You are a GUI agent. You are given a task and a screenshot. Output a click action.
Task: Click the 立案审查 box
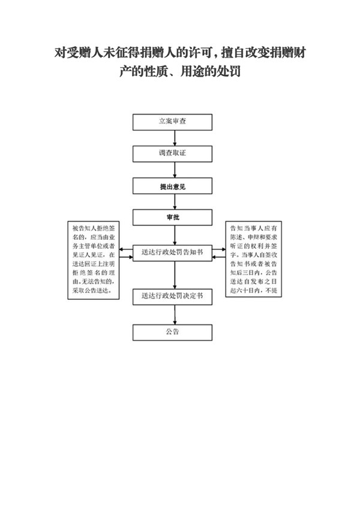[172, 122]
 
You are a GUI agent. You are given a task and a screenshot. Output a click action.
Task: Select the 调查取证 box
[172, 154]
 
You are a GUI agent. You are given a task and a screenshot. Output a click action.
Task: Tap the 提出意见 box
[172, 187]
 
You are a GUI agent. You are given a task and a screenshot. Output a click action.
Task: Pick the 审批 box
[172, 217]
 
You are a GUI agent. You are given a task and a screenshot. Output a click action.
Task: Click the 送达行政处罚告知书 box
[172, 252]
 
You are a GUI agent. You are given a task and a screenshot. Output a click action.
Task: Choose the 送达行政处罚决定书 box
[172, 296]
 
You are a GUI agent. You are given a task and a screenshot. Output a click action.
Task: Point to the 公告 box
[172, 332]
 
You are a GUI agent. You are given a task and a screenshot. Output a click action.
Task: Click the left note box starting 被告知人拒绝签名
[95, 258]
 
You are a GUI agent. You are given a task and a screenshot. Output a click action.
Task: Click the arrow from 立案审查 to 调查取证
[175, 138]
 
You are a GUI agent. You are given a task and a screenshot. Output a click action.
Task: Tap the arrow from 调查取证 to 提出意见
[175, 170]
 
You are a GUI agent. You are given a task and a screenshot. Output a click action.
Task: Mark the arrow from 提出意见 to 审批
[175, 202]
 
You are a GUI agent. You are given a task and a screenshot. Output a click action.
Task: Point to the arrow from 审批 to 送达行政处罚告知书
[175, 234]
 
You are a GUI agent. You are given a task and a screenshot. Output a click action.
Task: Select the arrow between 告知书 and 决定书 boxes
[175, 275]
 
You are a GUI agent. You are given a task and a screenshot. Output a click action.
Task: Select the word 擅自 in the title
[234, 51]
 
